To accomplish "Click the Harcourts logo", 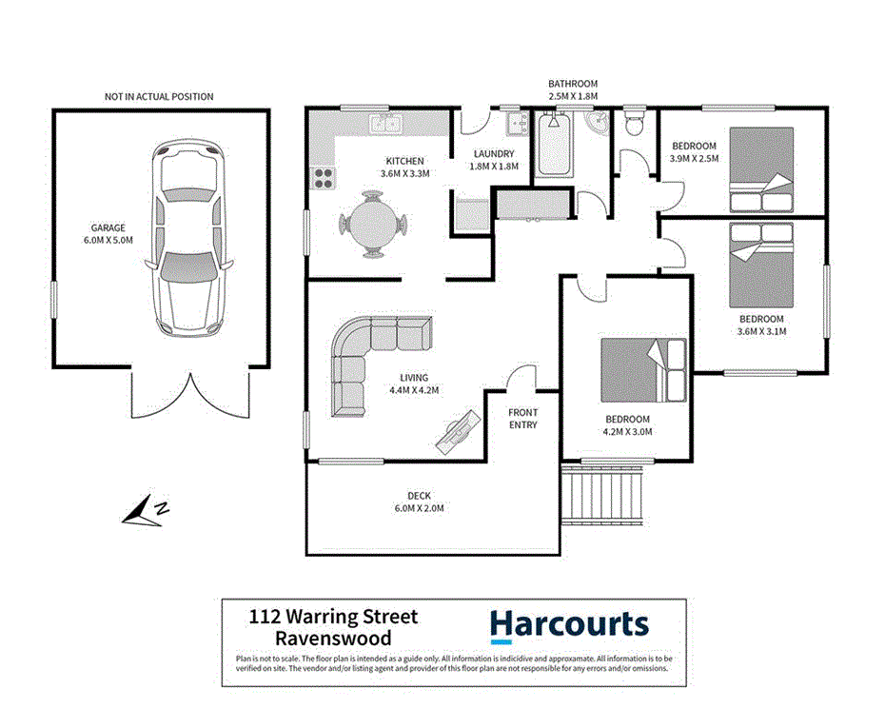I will [569, 625].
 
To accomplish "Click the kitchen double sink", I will [386, 123].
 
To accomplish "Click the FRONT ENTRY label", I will [522, 419].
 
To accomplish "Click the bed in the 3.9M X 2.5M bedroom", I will [760, 170].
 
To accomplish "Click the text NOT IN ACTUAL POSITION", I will [159, 97].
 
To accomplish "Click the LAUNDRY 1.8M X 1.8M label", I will [493, 159].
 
